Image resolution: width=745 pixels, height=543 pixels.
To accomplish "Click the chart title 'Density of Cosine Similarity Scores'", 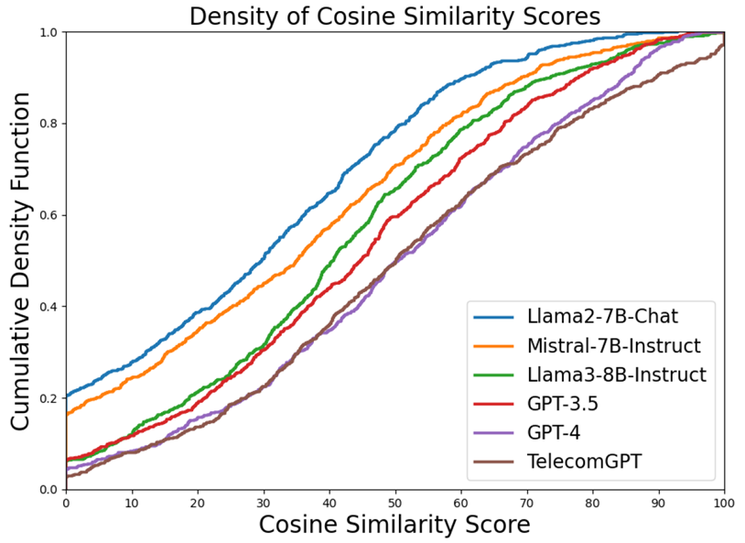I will coord(394,16).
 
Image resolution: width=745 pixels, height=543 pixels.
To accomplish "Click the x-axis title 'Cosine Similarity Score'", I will coord(394,525).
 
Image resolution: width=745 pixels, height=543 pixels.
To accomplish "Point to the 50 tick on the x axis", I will coord(394,503).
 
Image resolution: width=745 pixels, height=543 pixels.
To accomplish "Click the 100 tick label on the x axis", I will coord(724,503).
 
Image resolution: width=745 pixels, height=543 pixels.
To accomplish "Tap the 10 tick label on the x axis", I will coord(131,503).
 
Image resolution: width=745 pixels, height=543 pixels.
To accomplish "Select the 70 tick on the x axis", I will coord(526,503).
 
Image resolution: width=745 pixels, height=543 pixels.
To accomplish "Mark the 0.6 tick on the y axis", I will coord(48,215).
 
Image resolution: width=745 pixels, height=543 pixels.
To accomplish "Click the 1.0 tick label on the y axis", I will coord(48,32).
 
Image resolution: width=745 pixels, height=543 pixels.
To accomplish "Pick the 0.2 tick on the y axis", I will coord(48,397).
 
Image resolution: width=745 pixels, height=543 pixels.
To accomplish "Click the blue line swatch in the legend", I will coord(496,318).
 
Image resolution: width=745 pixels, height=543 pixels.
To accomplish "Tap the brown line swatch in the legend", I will coord(496,461).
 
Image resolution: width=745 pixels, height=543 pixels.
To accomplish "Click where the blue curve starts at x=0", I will coord(66,396).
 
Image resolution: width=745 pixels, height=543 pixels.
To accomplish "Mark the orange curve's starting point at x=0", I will coord(66,415).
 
